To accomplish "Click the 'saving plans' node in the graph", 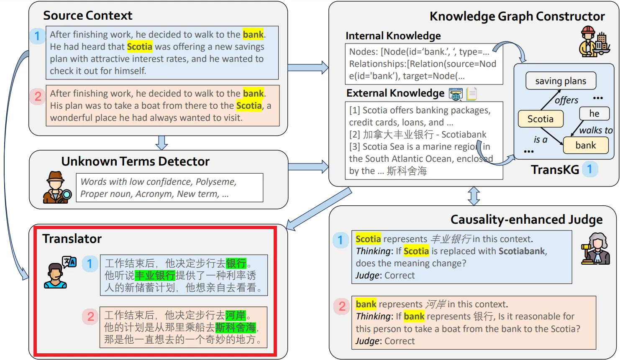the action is point(561,81).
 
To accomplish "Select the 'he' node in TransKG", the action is point(594,113).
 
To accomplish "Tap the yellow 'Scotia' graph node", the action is point(541,119).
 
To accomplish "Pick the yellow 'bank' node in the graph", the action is point(586,145).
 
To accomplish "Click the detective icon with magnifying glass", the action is point(57,187).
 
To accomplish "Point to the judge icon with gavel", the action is point(595,249).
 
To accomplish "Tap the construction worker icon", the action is point(594,41).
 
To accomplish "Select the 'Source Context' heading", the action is point(88,15).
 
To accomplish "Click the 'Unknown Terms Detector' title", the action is point(136,161).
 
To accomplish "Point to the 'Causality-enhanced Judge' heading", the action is point(526,220).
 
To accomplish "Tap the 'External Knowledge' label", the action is point(395,93).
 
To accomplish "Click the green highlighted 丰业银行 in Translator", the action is point(155,275).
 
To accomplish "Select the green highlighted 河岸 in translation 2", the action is point(236,315).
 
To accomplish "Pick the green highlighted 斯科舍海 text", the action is point(236,327).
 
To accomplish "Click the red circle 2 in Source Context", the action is point(38,97).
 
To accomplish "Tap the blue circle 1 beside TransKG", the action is point(590,169).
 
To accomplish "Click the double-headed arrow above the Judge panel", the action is point(474,196).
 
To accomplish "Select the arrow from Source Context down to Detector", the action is point(161,143).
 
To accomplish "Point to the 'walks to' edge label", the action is point(596,130).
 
